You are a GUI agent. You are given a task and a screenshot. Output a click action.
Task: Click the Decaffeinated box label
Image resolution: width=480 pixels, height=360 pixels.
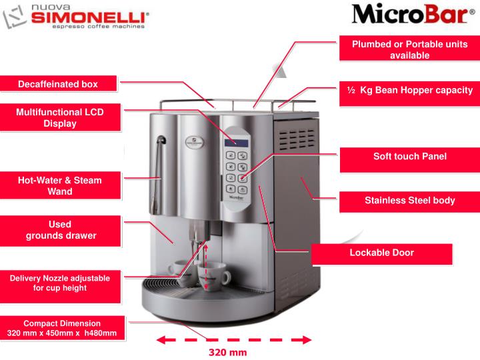pos(58,84)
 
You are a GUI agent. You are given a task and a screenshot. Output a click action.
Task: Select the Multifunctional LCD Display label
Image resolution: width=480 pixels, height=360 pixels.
pos(60,117)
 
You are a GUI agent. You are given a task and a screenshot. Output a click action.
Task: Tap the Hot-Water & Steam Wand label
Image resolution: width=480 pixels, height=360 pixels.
pos(60,185)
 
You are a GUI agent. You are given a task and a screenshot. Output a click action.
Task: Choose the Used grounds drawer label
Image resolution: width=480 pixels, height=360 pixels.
pos(60,230)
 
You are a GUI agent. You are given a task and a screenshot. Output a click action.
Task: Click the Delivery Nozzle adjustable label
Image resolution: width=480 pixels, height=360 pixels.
pos(60,283)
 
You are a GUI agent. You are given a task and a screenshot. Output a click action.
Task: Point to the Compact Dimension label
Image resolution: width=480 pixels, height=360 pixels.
pos(62,328)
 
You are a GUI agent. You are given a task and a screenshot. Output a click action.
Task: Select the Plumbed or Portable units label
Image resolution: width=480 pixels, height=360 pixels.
pos(409,49)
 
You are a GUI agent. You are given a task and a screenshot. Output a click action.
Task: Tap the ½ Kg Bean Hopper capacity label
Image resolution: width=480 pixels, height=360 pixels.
pos(409,90)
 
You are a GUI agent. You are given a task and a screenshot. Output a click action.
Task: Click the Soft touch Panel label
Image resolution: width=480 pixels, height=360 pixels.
pos(410,157)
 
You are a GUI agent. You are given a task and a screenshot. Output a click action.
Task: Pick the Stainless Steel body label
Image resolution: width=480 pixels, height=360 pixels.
pos(409,201)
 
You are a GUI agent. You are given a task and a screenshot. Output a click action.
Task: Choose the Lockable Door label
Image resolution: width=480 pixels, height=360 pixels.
pos(381,253)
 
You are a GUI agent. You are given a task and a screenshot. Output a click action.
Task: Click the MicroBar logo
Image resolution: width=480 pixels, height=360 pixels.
pos(413,14)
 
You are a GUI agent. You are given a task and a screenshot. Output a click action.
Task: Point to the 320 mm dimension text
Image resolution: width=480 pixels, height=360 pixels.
pos(228,353)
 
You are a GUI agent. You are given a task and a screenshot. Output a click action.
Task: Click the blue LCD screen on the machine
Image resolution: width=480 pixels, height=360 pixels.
pos(236,143)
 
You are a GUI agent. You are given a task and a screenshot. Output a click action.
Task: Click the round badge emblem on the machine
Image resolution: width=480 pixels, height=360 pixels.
pos(195,142)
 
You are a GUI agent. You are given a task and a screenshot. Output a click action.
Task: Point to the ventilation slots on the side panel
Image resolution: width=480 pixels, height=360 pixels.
pos(297,139)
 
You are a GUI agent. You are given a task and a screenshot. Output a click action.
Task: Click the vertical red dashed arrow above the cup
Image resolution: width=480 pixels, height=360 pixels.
pos(206,265)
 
